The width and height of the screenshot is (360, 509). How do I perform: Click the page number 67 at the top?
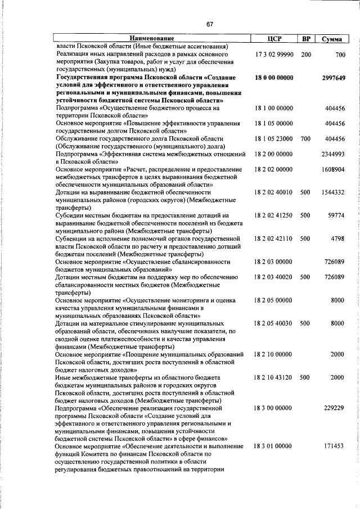point(209,24)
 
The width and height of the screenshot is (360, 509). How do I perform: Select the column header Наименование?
point(152,39)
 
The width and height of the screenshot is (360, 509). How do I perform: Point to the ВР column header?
point(306,39)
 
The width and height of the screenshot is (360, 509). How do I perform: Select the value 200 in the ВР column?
point(305,55)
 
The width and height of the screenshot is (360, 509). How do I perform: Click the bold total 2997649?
point(333,78)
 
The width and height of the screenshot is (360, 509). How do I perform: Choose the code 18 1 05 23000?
point(273,138)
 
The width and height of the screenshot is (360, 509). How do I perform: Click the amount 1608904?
point(333,169)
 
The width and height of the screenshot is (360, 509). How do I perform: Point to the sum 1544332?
point(333,192)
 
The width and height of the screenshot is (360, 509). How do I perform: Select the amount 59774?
point(335,215)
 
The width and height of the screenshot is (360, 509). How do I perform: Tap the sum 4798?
point(337,238)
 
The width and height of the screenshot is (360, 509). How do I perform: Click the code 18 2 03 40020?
point(273,277)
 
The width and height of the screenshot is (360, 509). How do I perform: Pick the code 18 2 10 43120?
point(273,377)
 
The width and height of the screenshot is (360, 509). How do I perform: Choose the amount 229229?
point(334,408)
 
